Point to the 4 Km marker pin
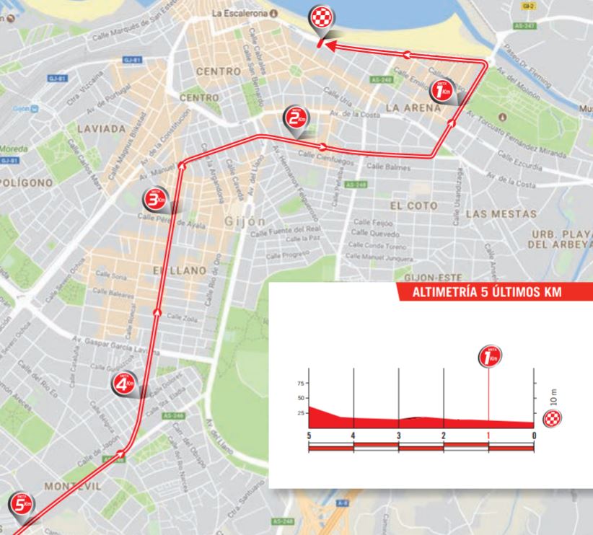coord(123,386)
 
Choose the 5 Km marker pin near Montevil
coord(19,505)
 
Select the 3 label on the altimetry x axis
coord(398,435)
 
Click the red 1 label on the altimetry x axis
coord(488,435)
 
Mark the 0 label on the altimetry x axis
coord(534,435)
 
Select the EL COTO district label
coord(413,205)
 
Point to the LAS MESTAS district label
coord(501,214)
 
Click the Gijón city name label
coord(245,221)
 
